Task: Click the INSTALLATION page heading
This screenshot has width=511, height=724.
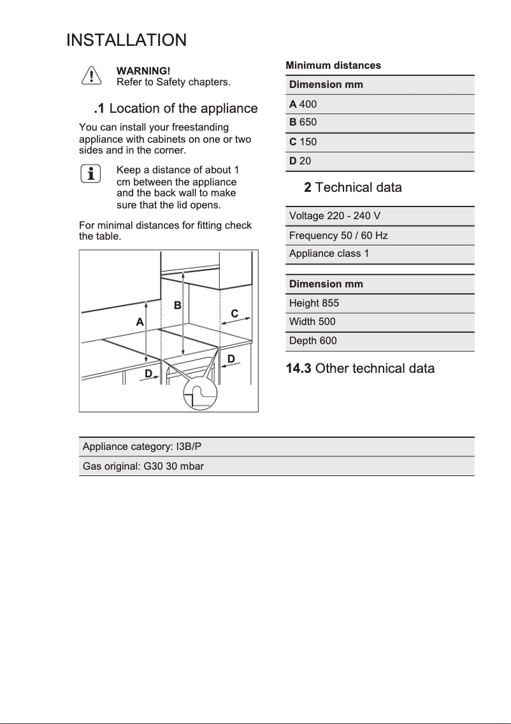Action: pos(126,40)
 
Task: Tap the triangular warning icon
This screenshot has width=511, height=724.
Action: pos(92,76)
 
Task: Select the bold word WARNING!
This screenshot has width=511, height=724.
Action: pos(143,71)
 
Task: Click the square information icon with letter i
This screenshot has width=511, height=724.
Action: pos(92,173)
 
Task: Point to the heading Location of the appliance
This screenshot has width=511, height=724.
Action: pos(175,108)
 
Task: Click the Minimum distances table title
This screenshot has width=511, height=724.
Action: pos(333,66)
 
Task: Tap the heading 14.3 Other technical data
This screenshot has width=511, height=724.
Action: pos(361,368)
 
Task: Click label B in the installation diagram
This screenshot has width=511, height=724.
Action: pos(178,305)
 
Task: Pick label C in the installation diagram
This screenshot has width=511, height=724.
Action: pos(234,314)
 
